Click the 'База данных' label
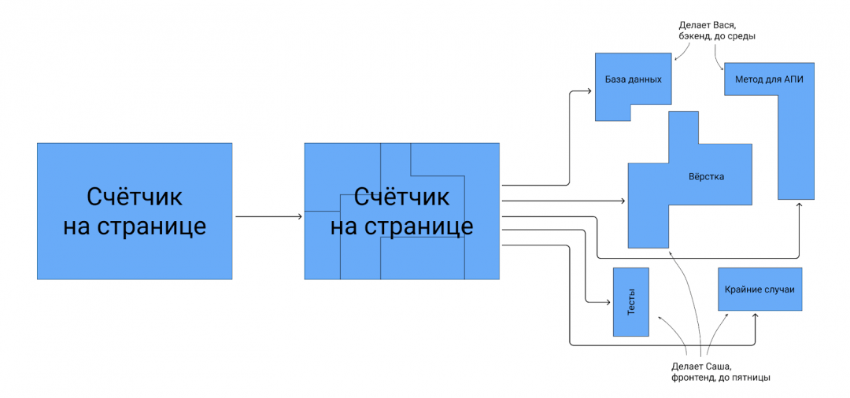[633, 80]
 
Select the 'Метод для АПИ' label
[768, 80]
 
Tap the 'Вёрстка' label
[706, 177]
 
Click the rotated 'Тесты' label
[631, 302]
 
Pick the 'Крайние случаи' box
[760, 289]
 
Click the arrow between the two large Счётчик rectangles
[268, 216]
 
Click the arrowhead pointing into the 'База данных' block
[590, 91]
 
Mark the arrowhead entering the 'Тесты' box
[609, 302]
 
